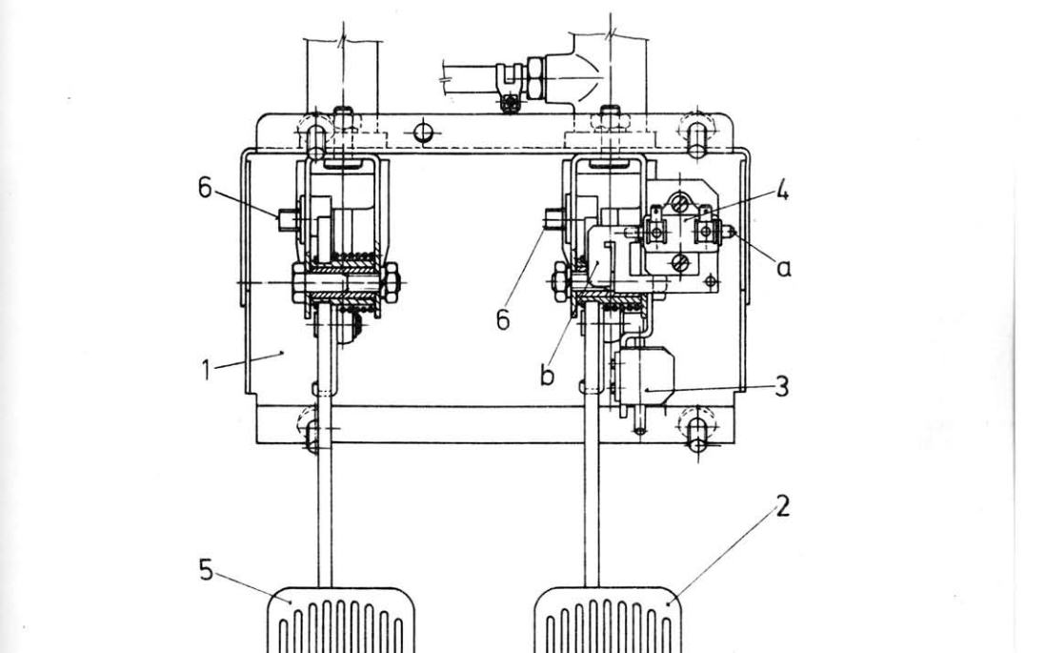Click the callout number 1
pyautogui.click(x=207, y=369)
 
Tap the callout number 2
pyautogui.click(x=782, y=506)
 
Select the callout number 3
pyautogui.click(x=782, y=386)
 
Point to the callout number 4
pyautogui.click(x=782, y=193)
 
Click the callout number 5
pyautogui.click(x=206, y=570)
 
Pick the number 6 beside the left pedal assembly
pyautogui.click(x=205, y=188)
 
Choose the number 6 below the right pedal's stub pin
pyautogui.click(x=503, y=319)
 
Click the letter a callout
pyautogui.click(x=784, y=268)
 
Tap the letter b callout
pyautogui.click(x=547, y=376)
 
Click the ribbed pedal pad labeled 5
pyautogui.click(x=341, y=621)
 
